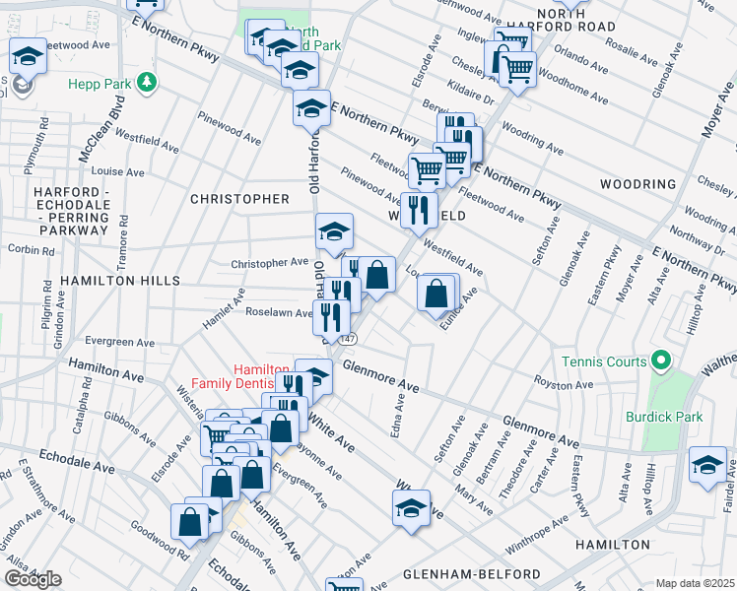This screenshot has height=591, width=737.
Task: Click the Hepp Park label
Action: [x=100, y=84]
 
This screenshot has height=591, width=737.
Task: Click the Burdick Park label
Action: [x=664, y=417]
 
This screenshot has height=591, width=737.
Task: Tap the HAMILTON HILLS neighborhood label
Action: [x=119, y=281]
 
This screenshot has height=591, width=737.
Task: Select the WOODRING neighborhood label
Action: [x=638, y=184]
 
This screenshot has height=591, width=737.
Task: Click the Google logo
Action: [x=32, y=579]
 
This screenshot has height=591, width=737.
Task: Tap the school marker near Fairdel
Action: [x=707, y=465]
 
